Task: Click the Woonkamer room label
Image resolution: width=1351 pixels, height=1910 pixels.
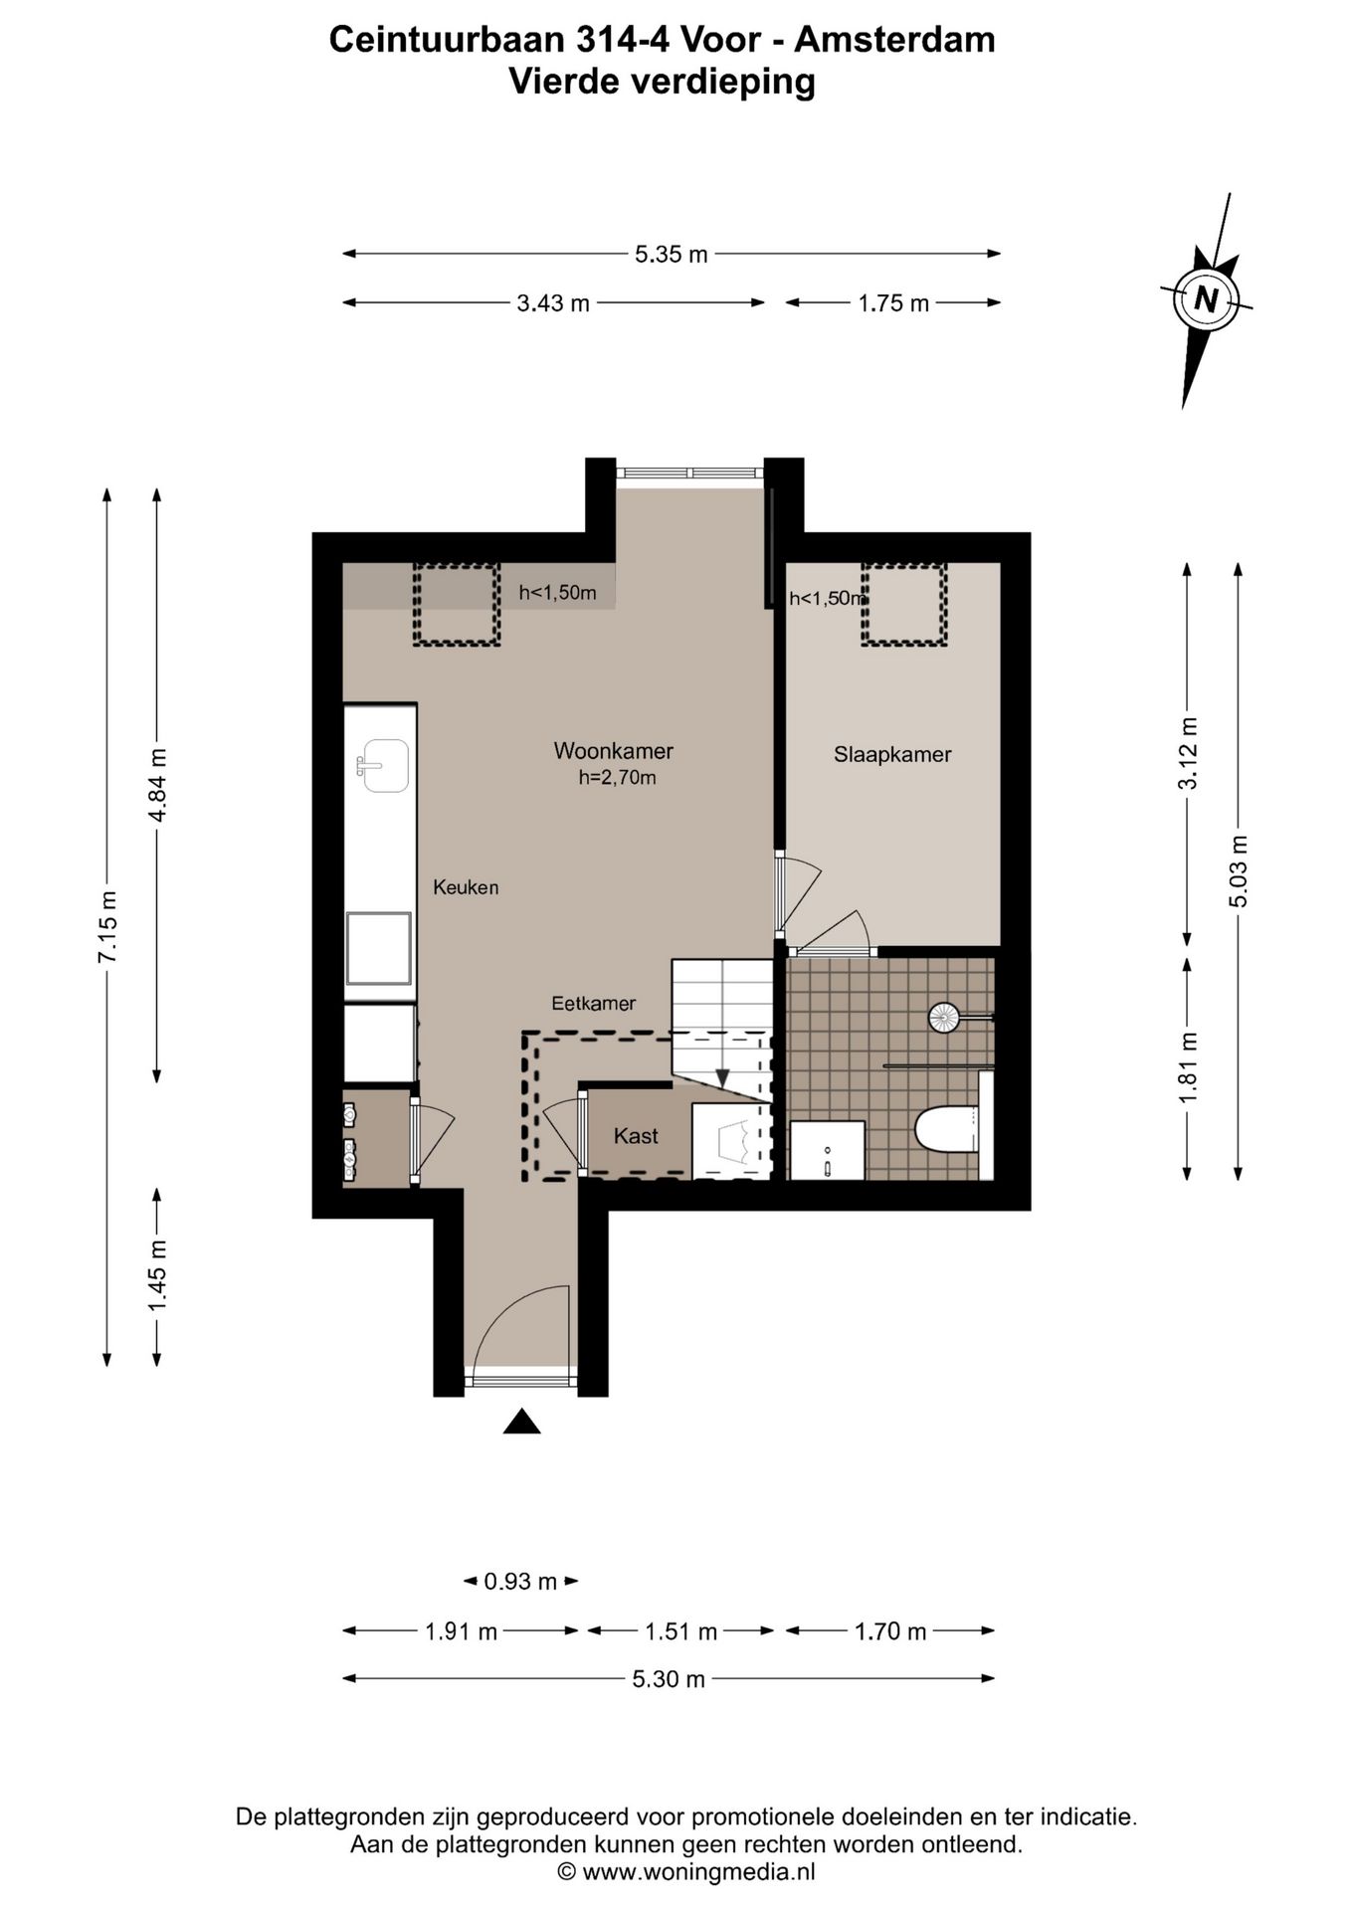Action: (613, 751)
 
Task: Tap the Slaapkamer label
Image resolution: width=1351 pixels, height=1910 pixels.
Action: (892, 755)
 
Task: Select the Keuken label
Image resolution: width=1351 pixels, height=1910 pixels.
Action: (466, 887)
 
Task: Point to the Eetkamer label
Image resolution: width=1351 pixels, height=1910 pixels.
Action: (594, 1004)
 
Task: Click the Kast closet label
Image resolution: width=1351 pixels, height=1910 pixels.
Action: (636, 1136)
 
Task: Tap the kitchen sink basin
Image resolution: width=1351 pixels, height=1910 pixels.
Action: (385, 765)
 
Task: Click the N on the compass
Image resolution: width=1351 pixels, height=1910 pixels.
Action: (1206, 299)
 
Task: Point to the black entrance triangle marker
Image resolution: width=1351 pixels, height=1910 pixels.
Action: (521, 1423)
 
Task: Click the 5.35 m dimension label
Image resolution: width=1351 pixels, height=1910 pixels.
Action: (672, 255)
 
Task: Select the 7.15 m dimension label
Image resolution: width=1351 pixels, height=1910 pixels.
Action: (107, 926)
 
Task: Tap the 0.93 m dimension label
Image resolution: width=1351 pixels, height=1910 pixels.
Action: (520, 1582)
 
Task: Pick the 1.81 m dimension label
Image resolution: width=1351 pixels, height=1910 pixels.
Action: (1187, 1067)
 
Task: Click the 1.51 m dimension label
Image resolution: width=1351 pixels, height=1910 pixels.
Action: (680, 1631)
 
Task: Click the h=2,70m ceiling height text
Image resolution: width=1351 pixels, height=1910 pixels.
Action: (617, 778)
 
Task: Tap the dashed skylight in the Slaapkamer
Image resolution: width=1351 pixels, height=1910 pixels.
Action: (904, 604)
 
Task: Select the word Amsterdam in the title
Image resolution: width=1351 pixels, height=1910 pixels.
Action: (895, 40)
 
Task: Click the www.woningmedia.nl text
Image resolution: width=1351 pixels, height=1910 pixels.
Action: (698, 1872)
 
